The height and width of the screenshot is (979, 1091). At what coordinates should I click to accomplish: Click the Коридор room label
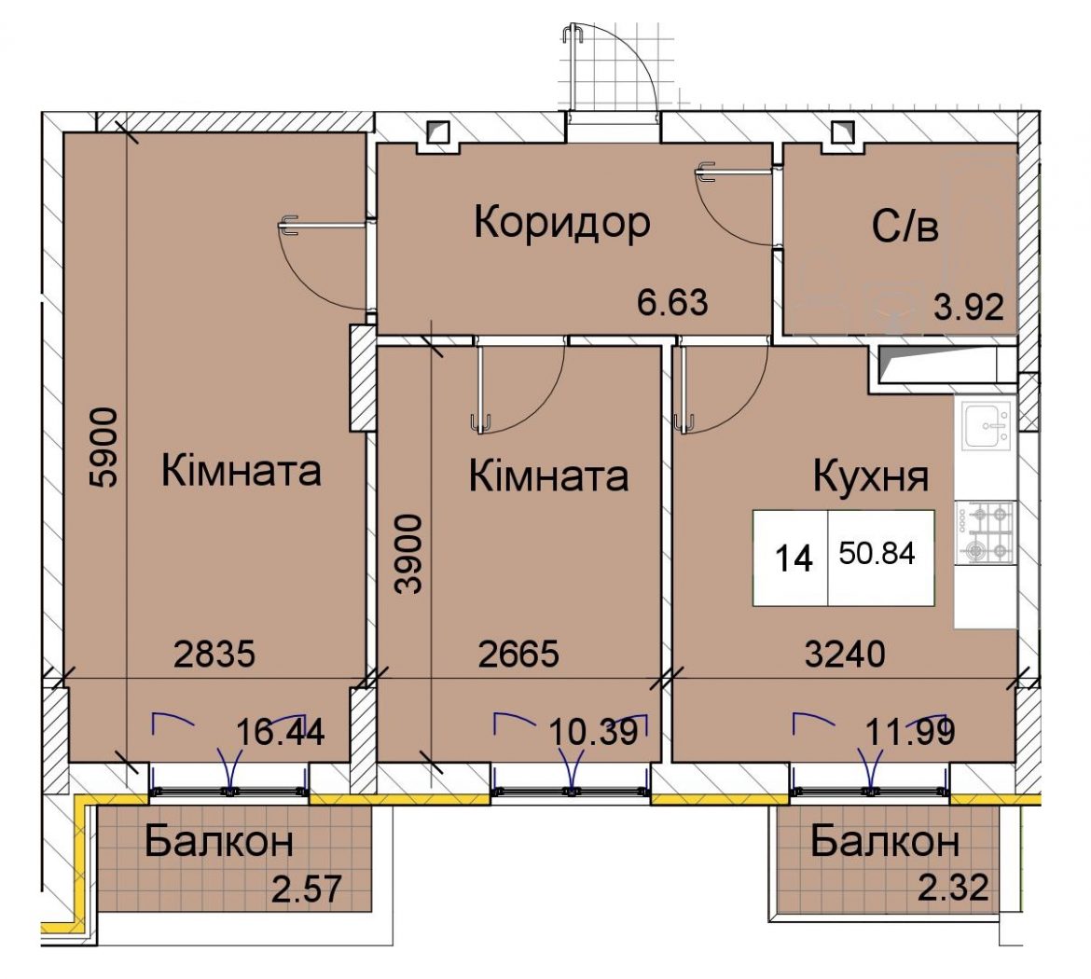tap(562, 224)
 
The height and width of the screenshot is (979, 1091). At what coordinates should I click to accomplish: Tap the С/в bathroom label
tap(905, 227)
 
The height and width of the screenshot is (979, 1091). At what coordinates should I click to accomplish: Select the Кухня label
tap(871, 477)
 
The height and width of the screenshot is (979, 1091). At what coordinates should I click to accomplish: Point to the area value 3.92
tap(969, 307)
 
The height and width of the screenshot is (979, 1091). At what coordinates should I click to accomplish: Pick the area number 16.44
tap(281, 733)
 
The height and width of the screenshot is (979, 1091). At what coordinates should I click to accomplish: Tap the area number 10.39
tap(593, 732)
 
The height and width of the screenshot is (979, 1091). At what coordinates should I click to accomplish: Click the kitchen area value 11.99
tap(910, 731)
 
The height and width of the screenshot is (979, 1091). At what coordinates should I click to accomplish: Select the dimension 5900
tap(104, 448)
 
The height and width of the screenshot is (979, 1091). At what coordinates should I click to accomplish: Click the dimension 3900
tap(408, 554)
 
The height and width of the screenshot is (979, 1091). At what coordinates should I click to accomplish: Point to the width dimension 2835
tap(214, 655)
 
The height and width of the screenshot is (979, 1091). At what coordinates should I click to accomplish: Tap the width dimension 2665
tap(519, 655)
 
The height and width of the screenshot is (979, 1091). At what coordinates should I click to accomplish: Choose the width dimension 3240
tap(846, 655)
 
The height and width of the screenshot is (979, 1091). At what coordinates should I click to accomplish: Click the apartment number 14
tap(794, 558)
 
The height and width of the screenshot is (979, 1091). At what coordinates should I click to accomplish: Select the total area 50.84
tap(877, 553)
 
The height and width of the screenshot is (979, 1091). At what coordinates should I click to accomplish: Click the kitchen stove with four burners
tap(985, 532)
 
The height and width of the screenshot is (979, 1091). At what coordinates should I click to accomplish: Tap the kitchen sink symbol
tap(987, 426)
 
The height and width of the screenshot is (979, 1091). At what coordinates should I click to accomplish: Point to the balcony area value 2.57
tap(307, 889)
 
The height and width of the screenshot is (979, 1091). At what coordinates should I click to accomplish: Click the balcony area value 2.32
tap(953, 888)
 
